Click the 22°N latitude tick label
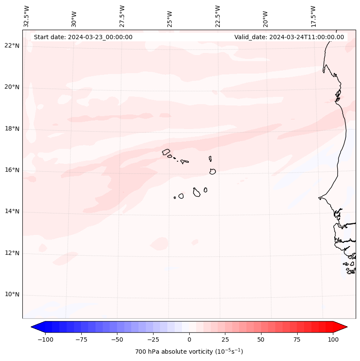(12, 46)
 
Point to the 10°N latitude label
(12, 295)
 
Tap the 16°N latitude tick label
(12, 170)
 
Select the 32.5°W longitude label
(27, 16)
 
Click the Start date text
(83, 37)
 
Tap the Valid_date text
(289, 37)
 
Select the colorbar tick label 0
(189, 339)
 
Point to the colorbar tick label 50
(261, 339)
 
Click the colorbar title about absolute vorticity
(189, 352)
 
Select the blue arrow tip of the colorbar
(34, 327)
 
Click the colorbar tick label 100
(333, 339)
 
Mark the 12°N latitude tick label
(12, 253)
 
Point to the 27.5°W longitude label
(122, 16)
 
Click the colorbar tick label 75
(297, 339)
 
